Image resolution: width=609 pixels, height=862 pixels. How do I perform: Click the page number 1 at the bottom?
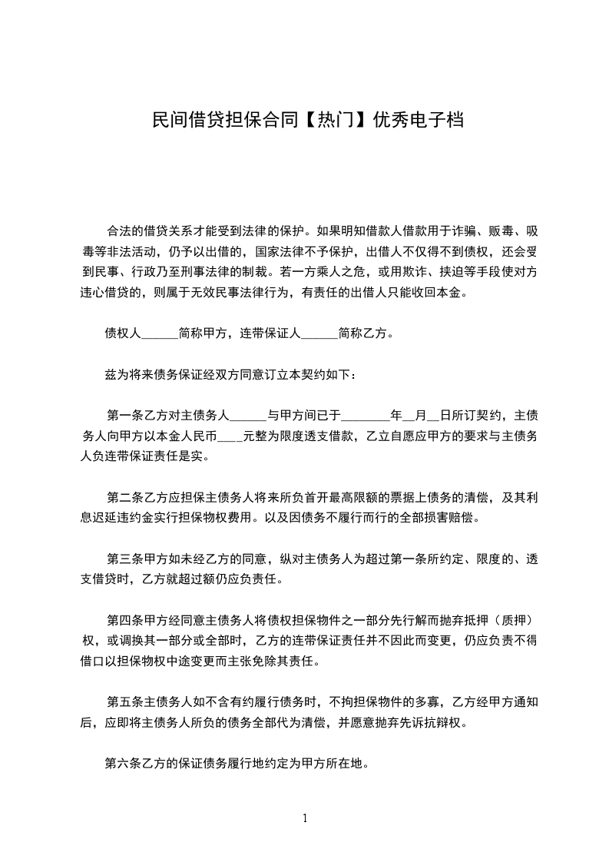(305, 817)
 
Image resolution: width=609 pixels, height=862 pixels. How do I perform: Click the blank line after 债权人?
(160, 334)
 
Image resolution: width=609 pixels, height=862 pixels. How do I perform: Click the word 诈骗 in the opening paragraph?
(462, 230)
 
